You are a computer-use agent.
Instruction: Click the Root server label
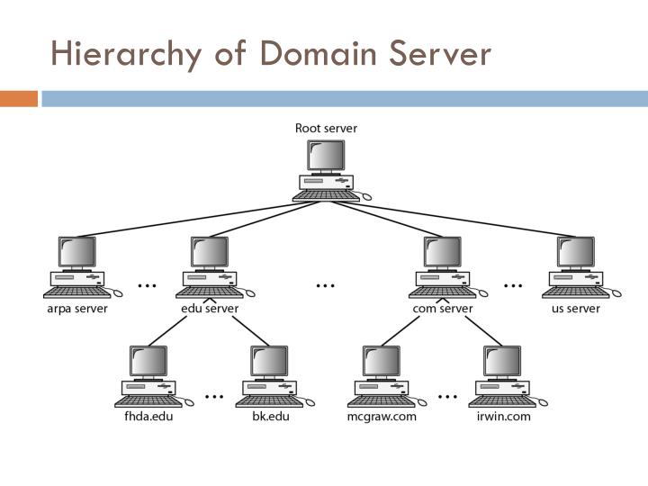pyautogui.click(x=326, y=128)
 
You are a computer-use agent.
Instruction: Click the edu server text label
pyautogui.click(x=210, y=309)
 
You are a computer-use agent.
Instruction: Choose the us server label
pyautogui.click(x=576, y=309)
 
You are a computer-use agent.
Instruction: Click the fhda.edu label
pyautogui.click(x=148, y=417)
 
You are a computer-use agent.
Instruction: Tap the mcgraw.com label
pyautogui.click(x=382, y=417)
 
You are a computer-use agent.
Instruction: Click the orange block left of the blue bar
pyautogui.click(x=18, y=98)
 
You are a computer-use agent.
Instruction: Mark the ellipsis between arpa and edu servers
pyautogui.click(x=146, y=285)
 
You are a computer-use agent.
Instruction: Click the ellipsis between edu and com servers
pyautogui.click(x=326, y=285)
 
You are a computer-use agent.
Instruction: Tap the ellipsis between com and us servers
pyautogui.click(x=513, y=285)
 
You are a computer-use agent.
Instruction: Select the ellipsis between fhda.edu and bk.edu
pyautogui.click(x=214, y=394)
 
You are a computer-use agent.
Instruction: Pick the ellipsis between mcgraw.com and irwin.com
pyautogui.click(x=447, y=394)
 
